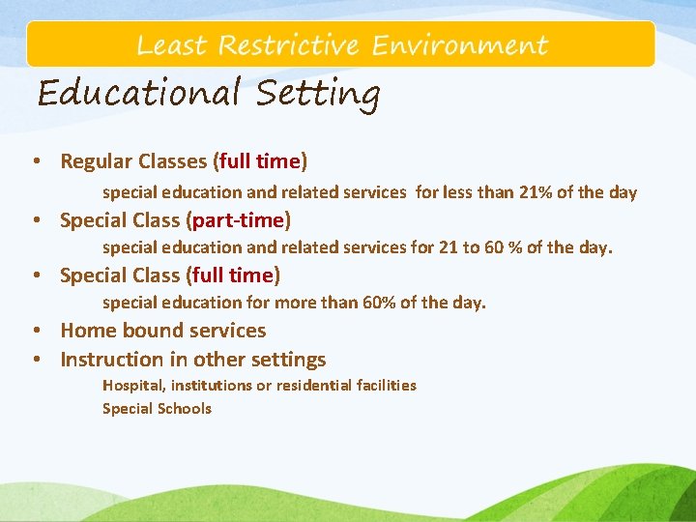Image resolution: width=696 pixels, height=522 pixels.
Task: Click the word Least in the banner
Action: [171, 45]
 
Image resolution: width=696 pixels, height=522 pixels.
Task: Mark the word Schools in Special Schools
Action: [184, 409]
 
